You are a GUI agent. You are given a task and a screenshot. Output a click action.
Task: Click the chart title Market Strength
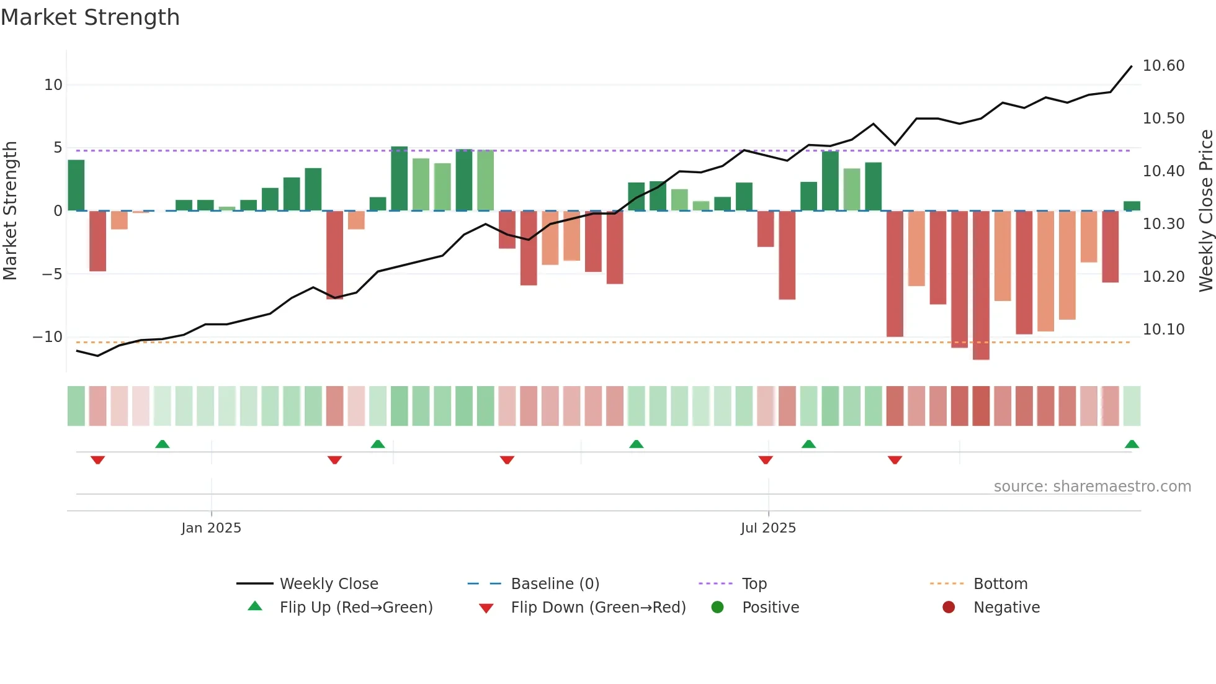[90, 17]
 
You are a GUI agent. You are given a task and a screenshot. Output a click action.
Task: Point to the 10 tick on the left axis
[53, 85]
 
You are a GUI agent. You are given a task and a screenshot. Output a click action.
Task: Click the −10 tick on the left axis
[48, 337]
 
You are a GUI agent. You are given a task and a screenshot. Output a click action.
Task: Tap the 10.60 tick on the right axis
[1163, 66]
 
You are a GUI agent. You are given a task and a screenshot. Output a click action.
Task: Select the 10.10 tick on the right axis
[1163, 330]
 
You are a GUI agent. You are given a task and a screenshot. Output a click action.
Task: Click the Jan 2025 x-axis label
[211, 528]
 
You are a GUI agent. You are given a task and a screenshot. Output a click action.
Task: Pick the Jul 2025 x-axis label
[768, 528]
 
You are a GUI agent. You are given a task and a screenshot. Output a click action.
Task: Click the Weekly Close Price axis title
[1205, 211]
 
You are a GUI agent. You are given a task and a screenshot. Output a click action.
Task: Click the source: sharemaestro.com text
[1092, 487]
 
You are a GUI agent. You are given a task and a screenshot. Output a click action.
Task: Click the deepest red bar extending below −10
[981, 286]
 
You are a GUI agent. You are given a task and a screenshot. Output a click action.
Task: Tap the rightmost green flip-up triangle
[1132, 444]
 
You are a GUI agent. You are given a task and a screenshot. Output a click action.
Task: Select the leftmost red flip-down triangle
[97, 460]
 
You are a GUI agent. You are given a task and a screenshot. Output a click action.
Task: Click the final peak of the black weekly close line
[1131, 66]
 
